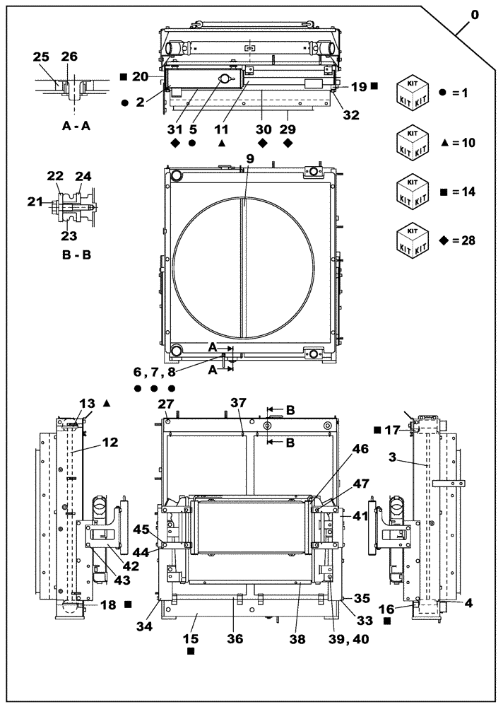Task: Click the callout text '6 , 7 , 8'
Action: coord(152,371)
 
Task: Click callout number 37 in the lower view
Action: coord(238,402)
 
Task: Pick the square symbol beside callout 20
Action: coord(123,76)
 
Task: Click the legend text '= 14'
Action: coord(458,191)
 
